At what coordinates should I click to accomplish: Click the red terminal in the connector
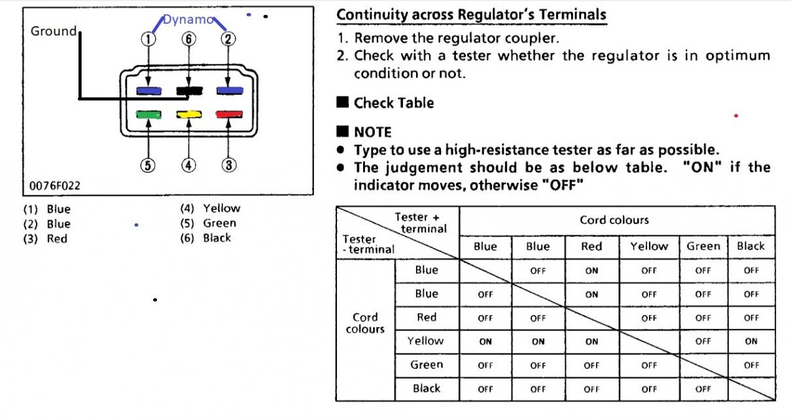click(x=228, y=115)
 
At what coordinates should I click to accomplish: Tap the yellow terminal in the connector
click(x=188, y=115)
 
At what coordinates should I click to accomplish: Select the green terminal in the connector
click(x=149, y=115)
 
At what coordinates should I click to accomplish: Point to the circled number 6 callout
click(x=188, y=39)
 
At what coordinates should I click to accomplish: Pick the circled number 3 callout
click(x=228, y=165)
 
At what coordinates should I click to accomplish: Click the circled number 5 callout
click(x=149, y=165)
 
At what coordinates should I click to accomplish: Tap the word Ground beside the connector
click(x=53, y=31)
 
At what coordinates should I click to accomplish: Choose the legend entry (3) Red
click(x=46, y=239)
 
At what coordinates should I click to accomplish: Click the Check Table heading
click(x=393, y=103)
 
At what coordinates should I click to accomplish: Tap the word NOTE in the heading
click(x=372, y=132)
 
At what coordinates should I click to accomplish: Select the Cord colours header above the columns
click(x=614, y=220)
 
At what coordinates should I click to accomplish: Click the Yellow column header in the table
click(x=649, y=246)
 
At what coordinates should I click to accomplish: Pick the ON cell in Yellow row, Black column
click(x=751, y=341)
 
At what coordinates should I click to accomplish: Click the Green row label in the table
click(x=427, y=364)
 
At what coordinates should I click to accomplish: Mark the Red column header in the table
click(x=591, y=246)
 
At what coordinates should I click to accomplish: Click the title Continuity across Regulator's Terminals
click(x=471, y=14)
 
